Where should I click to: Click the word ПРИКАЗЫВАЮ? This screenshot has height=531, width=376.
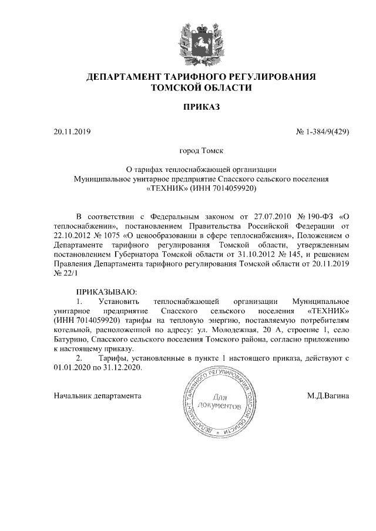tap(106, 291)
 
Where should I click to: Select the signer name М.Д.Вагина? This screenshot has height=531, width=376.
tap(328, 396)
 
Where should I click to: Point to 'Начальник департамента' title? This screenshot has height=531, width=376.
tap(98, 396)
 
